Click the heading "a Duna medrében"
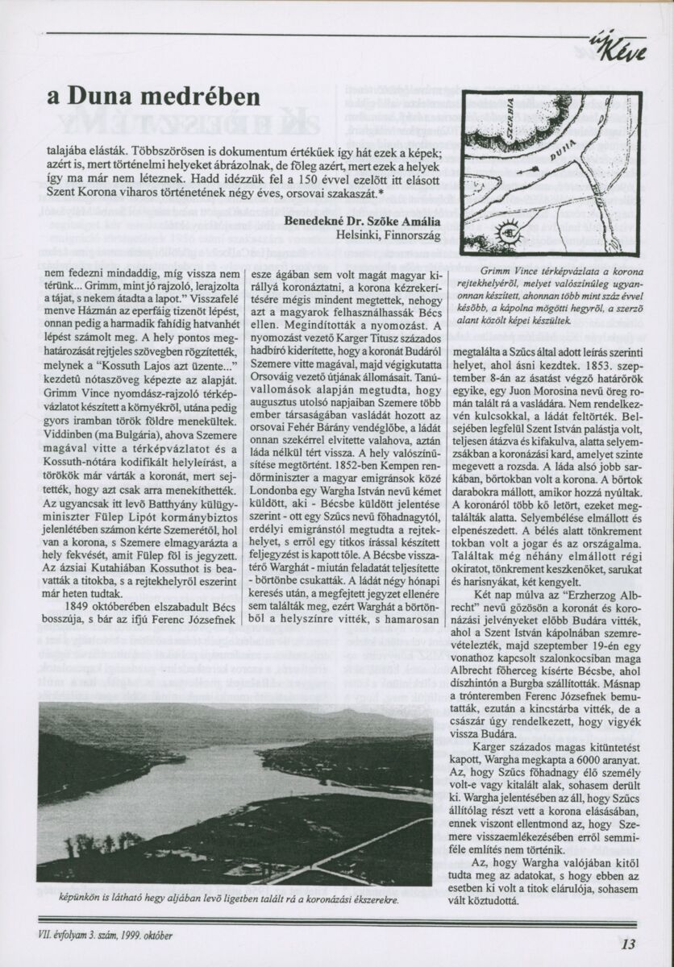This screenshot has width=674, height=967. coord(153,98)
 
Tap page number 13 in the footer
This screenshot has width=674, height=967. coord(630,945)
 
